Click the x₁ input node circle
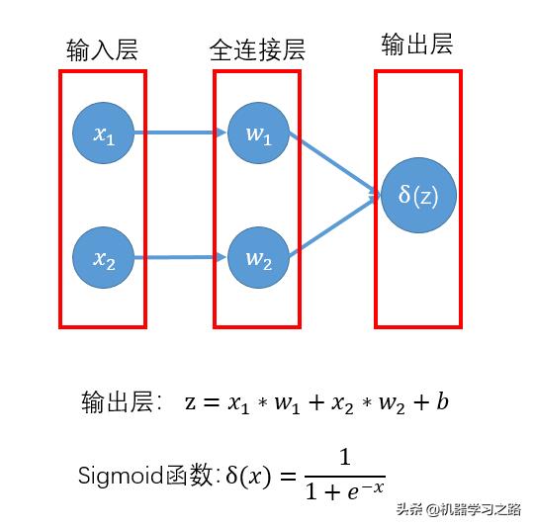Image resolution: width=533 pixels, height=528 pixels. [104, 133]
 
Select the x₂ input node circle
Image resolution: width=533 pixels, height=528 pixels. [104, 259]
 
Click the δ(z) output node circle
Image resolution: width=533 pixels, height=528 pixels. [417, 195]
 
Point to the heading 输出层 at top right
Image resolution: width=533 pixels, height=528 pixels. [417, 44]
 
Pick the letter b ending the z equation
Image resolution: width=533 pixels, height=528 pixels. [442, 402]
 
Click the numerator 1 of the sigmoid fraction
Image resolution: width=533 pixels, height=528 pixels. [344, 458]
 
